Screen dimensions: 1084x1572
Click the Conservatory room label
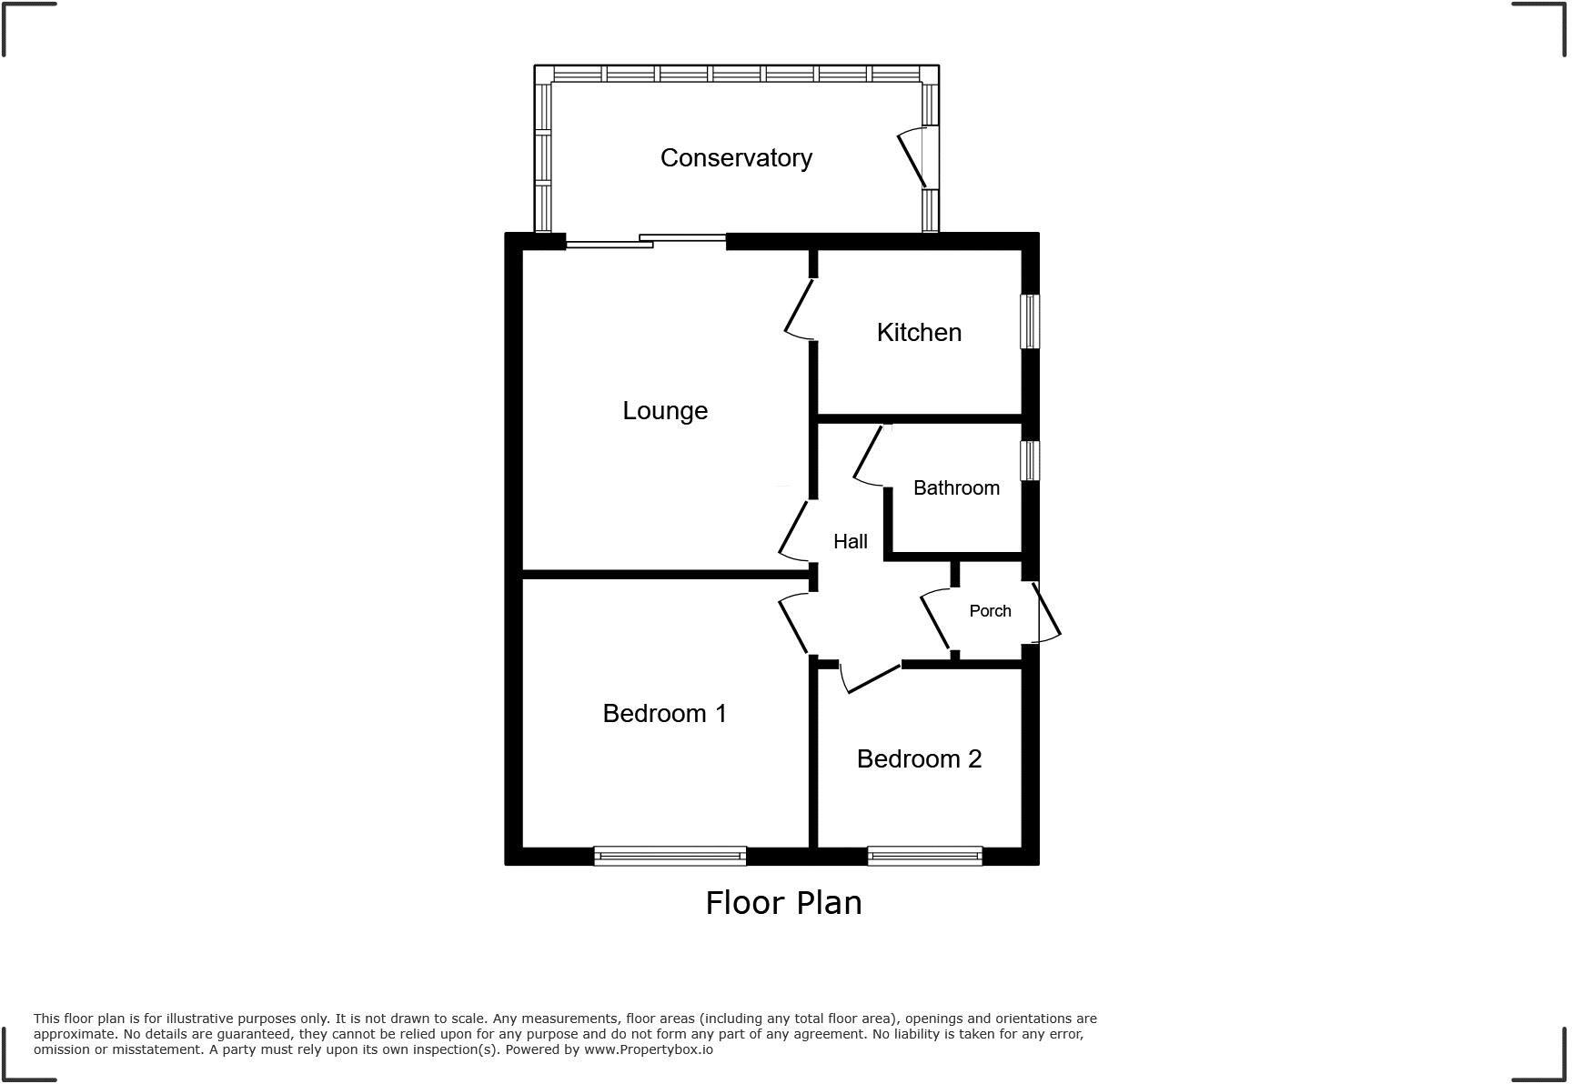coord(736,158)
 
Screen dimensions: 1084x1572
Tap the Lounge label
coord(665,411)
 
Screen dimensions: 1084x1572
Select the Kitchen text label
coord(919,333)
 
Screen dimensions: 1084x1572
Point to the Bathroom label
coord(956,488)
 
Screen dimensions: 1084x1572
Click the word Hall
coord(851,542)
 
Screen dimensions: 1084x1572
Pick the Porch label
coord(990,611)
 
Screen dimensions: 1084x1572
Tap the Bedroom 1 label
coord(665,714)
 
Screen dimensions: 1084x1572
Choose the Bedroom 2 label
coord(919,759)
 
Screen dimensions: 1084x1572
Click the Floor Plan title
coord(783,903)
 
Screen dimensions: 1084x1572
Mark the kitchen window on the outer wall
coord(1030,321)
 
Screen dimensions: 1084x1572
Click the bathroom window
coord(1030,460)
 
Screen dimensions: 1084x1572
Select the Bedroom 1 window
coord(670,856)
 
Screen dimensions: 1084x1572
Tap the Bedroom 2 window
coord(924,856)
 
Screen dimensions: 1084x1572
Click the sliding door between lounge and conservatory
coord(646,241)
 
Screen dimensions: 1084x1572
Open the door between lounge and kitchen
coord(800,310)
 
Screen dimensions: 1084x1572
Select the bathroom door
coord(870,455)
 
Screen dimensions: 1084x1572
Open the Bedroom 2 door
coord(871,677)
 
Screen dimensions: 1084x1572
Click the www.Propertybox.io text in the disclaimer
coord(648,1049)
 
